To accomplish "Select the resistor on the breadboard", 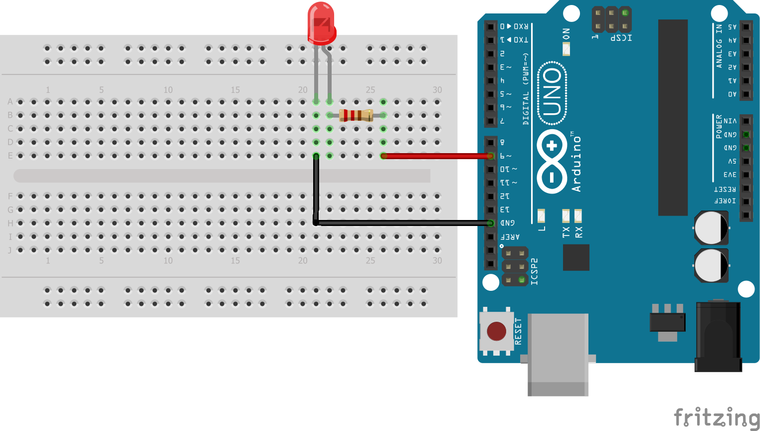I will tap(356, 115).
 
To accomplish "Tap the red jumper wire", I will tap(436, 156).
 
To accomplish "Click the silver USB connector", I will tap(558, 354).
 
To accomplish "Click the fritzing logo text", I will tap(716, 417).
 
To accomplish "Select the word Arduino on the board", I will tap(577, 164).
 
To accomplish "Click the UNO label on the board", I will tap(552, 92).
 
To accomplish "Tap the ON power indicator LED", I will tap(566, 49).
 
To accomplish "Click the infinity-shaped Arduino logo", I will tap(552, 162).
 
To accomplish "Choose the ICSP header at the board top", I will tap(612, 19).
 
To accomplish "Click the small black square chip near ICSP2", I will tap(576, 257).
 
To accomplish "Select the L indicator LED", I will tap(541, 216).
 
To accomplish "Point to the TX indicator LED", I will tap(566, 216).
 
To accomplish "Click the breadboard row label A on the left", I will tap(10, 102).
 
